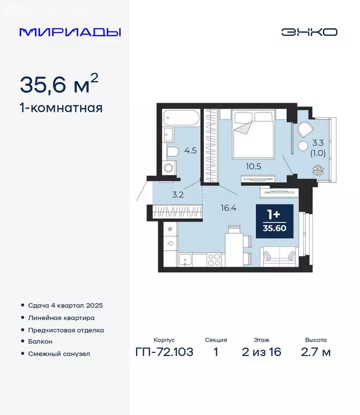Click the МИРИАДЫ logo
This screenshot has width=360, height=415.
click(70, 32)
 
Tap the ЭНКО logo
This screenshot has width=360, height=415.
click(309, 32)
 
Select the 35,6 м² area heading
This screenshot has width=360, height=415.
click(59, 84)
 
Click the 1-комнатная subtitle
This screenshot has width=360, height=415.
click(61, 108)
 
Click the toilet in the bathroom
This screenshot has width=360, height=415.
click(172, 151)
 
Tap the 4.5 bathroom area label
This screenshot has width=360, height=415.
click(190, 151)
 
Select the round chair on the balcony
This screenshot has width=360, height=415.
click(304, 130)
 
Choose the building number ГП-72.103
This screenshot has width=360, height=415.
click(163, 353)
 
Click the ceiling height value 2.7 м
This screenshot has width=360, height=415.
click(316, 353)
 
